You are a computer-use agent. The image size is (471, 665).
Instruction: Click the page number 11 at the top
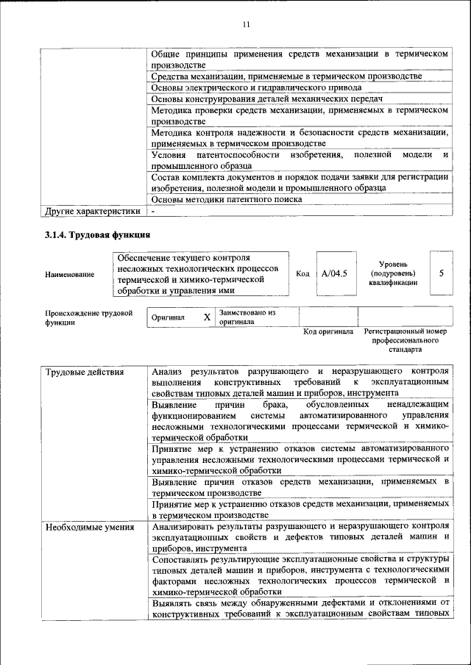247,25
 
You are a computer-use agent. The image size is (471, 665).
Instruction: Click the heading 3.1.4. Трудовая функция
98,235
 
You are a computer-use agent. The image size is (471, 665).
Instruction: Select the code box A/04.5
334,273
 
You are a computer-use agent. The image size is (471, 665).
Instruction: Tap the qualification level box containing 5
441,273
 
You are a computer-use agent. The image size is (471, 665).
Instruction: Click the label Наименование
70,274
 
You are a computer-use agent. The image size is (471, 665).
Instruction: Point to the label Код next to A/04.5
302,274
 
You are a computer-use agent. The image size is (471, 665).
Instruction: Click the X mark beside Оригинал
207,317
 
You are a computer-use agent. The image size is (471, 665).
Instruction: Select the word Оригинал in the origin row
168,317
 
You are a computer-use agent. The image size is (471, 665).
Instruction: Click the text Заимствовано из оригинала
247,317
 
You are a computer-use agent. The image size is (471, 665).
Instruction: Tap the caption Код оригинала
329,331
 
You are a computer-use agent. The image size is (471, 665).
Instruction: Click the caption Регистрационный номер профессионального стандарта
406,341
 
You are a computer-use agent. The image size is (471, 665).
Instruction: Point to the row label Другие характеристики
93,212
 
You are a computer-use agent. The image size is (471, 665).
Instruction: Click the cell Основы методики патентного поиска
227,199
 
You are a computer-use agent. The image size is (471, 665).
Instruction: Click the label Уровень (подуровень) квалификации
394,273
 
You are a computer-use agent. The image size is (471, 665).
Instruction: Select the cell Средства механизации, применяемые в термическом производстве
286,76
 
